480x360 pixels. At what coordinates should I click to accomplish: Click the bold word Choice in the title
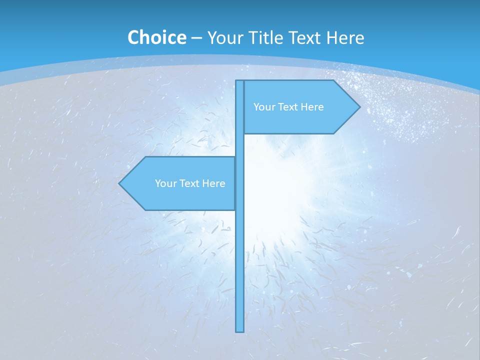pyautogui.click(x=156, y=37)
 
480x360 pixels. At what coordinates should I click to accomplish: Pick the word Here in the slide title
pyautogui.click(x=345, y=37)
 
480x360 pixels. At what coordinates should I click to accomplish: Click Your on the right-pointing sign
pyautogui.click(x=263, y=107)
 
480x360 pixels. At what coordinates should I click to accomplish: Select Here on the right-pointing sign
pyautogui.click(x=312, y=107)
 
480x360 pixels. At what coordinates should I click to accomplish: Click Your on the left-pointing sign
pyautogui.click(x=165, y=183)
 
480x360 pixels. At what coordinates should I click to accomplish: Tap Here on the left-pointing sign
pyautogui.click(x=214, y=183)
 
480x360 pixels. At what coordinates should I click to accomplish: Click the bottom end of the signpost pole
pyautogui.click(x=240, y=330)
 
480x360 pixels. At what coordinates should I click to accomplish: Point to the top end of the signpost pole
pyautogui.click(x=240, y=81)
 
